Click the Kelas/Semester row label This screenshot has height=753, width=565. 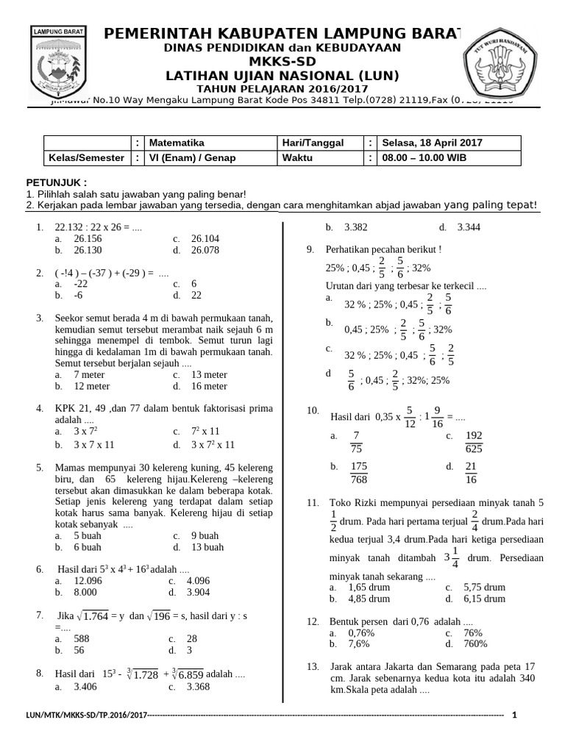point(87,157)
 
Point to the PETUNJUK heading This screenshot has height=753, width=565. point(56,182)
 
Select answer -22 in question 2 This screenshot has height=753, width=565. point(81,283)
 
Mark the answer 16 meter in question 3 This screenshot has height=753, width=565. point(210,386)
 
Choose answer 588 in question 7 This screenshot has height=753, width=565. point(82,639)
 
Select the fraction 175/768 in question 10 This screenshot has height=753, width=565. point(359,473)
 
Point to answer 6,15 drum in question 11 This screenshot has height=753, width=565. point(484,599)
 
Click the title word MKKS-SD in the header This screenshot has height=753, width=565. point(282,61)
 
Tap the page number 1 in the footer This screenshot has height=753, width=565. point(514,715)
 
